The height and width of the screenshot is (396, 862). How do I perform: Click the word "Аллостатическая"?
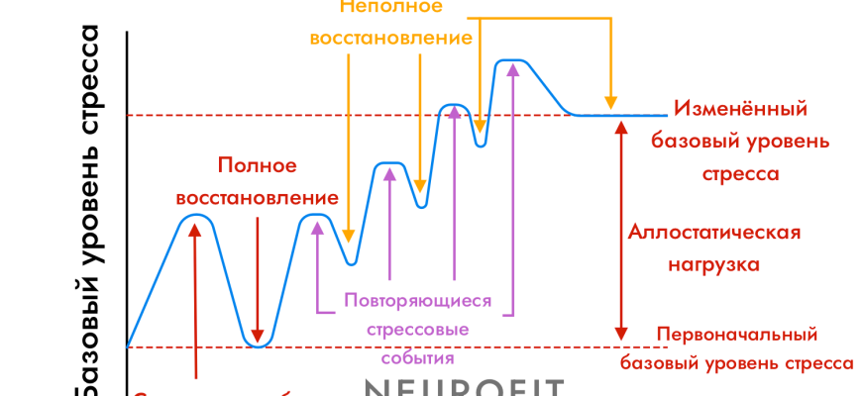(714, 233)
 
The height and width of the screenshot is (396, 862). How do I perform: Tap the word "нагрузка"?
(714, 264)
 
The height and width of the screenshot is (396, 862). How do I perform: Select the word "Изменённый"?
(740, 108)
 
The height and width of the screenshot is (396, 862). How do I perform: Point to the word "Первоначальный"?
(736, 334)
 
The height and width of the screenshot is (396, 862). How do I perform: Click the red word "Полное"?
(257, 165)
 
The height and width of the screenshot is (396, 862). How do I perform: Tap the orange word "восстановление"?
(390, 39)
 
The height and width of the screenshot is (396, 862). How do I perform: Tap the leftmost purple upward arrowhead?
(317, 226)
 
